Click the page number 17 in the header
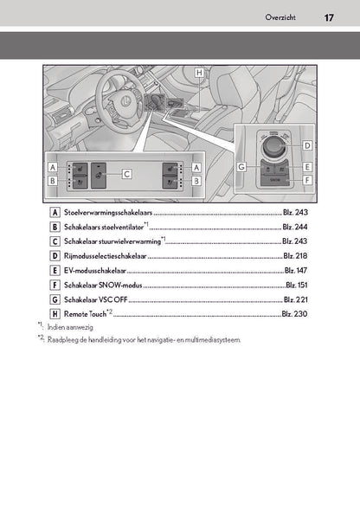click(329, 17)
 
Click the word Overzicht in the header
click(280, 17)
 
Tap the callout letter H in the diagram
click(199, 73)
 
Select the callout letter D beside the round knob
click(307, 145)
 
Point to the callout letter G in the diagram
click(241, 167)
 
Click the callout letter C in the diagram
click(127, 174)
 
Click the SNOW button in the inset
click(275, 180)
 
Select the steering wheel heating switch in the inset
click(99, 176)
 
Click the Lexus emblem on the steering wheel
click(125, 101)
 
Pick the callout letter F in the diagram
click(307, 180)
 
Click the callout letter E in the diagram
click(307, 167)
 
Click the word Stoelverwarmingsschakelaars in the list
click(108, 212)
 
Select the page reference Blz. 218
click(295, 255)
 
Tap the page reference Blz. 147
click(296, 271)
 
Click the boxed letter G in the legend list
click(55, 299)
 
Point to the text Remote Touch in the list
click(86, 314)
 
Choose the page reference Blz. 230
click(294, 314)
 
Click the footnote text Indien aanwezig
click(70, 327)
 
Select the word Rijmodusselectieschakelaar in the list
click(106, 256)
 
